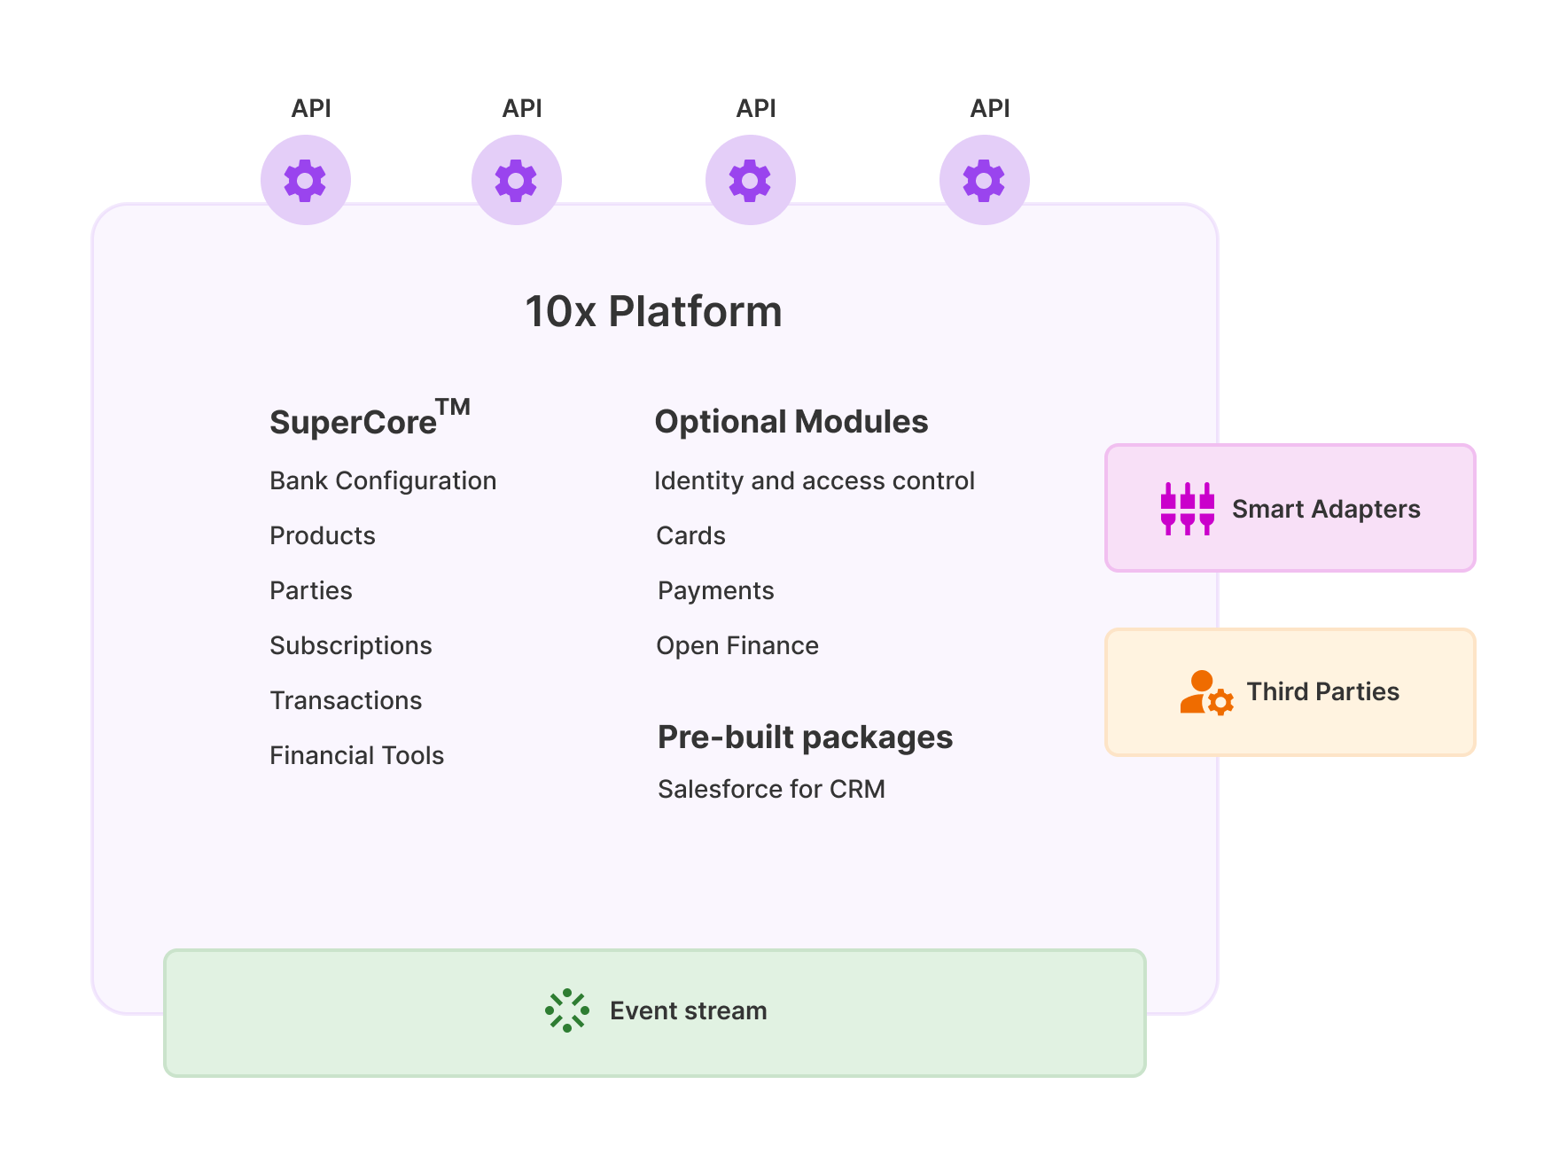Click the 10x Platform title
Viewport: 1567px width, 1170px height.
click(653, 312)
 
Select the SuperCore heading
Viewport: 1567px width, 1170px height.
click(354, 423)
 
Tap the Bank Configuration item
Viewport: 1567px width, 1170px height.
click(383, 481)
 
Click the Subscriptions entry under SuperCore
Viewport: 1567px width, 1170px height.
click(351, 646)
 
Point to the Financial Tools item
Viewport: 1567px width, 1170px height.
click(356, 756)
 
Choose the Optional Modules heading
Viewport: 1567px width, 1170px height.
click(791, 422)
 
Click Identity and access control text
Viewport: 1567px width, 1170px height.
click(814, 481)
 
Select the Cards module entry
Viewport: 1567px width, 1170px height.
click(690, 536)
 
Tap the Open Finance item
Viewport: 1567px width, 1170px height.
click(737, 646)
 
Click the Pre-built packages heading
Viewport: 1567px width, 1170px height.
click(805, 737)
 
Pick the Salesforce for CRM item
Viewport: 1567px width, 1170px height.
click(771, 790)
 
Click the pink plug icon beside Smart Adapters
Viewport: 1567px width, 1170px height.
click(1187, 509)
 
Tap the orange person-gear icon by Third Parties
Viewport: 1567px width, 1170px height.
click(1205, 692)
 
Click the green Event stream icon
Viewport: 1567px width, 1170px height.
click(567, 1010)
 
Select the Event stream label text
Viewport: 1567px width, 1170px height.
click(688, 1011)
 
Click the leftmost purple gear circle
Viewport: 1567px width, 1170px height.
click(305, 180)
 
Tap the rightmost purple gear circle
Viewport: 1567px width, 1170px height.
click(984, 180)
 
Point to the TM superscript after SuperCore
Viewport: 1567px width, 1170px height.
click(453, 407)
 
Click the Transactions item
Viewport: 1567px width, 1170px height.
click(346, 701)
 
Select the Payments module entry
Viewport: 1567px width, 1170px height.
click(715, 591)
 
